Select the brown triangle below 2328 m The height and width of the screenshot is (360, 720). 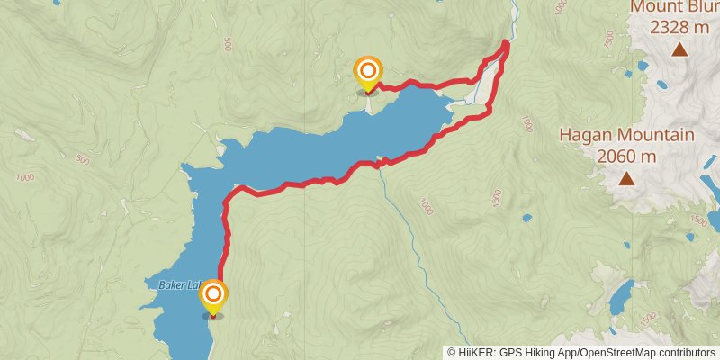tap(679, 49)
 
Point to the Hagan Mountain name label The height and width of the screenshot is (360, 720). tap(626, 135)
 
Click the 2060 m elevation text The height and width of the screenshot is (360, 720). tap(626, 156)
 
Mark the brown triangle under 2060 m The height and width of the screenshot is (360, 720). tap(625, 179)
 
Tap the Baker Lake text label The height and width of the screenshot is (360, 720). tap(176, 285)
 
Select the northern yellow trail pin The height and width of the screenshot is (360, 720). tap(367, 72)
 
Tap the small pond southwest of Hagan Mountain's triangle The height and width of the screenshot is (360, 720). tap(526, 217)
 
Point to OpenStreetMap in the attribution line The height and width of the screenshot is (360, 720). tap(616, 352)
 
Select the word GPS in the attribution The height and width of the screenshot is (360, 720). tap(510, 352)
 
